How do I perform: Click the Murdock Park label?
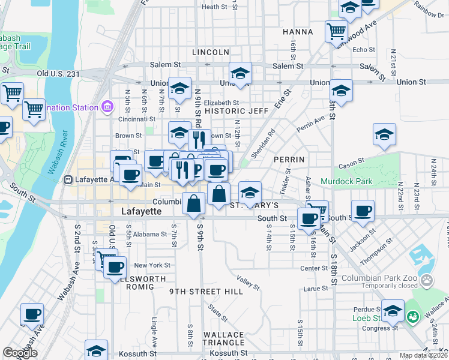pos(346,181)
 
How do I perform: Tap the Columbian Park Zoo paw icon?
pos(426,280)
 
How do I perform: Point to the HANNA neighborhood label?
pos(298,31)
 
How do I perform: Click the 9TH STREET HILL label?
pos(206,292)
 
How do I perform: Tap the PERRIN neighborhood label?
pos(289,160)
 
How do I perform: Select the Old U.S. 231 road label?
pos(58,73)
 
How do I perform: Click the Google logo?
pos(20,353)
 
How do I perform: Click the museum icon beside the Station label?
pos(107,107)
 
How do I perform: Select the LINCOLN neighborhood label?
pos(211,52)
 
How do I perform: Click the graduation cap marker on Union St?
pos(240,73)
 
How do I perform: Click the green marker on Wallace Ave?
pos(412,316)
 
